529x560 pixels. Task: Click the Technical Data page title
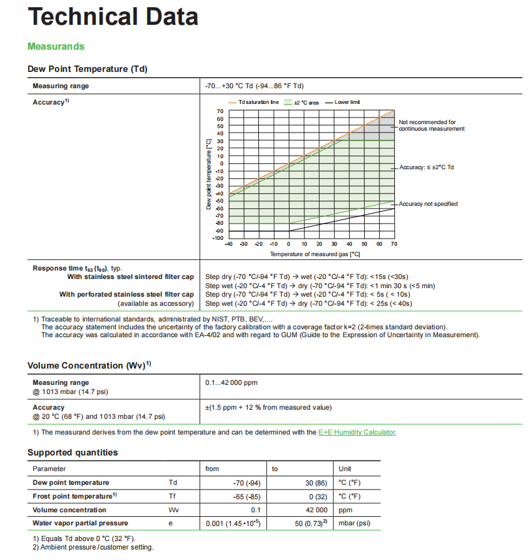click(113, 16)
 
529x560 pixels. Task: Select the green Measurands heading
click(56, 46)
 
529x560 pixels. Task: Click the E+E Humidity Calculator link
click(356, 432)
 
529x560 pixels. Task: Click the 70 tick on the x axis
click(394, 244)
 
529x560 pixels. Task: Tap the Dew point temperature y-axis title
click(208, 174)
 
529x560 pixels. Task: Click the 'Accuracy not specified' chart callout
click(428, 204)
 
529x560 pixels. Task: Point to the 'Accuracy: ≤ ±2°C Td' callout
click(426, 168)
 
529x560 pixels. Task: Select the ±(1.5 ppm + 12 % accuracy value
click(268, 408)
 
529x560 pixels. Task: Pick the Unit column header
click(345, 469)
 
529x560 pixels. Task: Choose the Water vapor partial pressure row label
click(80, 523)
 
